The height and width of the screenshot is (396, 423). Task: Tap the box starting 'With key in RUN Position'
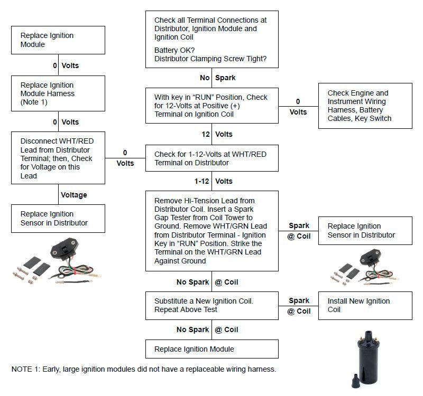tap(212, 106)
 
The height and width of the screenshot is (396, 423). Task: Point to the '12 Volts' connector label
tap(217, 134)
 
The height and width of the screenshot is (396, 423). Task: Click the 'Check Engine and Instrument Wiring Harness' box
tap(365, 106)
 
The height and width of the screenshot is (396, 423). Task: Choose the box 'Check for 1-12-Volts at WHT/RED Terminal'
tap(212, 158)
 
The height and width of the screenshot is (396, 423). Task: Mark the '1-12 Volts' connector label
tap(213, 181)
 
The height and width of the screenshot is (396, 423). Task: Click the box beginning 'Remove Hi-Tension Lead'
tap(212, 231)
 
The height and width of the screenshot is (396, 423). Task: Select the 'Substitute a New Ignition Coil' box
tap(212, 305)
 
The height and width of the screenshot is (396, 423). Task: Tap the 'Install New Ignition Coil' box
tap(365, 305)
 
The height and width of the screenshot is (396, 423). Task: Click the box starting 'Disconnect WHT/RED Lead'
tap(58, 158)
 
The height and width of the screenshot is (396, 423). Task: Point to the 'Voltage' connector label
tap(74, 195)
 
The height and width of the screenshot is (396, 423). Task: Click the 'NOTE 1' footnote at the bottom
tap(144, 369)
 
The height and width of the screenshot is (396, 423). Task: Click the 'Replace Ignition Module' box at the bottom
tap(212, 349)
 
